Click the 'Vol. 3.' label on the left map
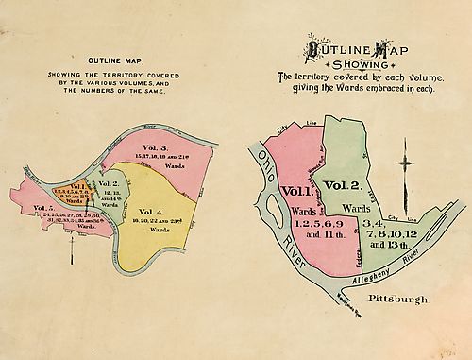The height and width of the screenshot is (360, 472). (x=155, y=147)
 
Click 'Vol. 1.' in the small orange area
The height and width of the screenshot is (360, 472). (x=78, y=187)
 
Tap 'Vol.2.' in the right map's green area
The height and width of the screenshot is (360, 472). (x=343, y=184)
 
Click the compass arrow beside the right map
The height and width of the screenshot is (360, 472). (x=407, y=163)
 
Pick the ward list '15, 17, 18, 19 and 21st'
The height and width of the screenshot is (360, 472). (x=159, y=157)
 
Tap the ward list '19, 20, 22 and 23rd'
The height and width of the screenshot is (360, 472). (x=155, y=220)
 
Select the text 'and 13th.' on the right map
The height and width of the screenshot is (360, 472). (x=387, y=244)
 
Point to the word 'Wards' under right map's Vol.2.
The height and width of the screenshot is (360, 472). (x=356, y=207)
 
